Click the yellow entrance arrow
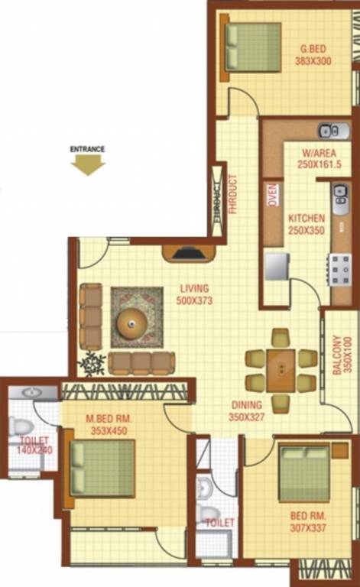click(87, 164)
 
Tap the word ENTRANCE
click(87, 149)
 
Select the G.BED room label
click(313, 57)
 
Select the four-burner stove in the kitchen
click(339, 268)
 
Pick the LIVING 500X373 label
click(196, 294)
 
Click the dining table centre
click(281, 369)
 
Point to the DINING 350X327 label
click(245, 411)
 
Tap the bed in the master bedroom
click(102, 467)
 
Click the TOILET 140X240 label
click(34, 446)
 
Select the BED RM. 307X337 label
click(309, 531)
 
